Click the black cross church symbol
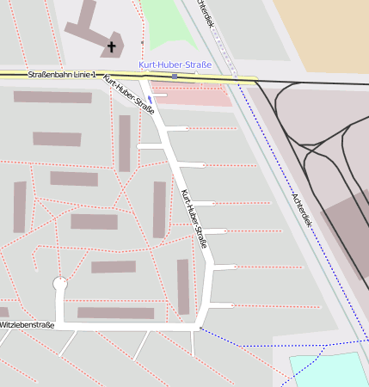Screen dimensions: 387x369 coord(111,46)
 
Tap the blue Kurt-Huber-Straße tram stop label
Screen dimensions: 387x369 coord(175,64)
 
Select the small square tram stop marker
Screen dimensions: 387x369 coord(175,77)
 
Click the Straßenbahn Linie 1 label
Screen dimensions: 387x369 coord(61,75)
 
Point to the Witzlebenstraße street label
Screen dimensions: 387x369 coord(27,325)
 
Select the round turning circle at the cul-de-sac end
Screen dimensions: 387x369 coord(60,283)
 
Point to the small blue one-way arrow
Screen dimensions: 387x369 coord(151,98)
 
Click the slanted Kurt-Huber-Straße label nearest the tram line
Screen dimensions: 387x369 coord(129,95)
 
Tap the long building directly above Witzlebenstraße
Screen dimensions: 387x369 coord(115,313)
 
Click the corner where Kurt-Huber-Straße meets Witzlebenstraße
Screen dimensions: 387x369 coord(200,329)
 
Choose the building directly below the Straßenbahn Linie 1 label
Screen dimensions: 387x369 coord(52,97)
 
